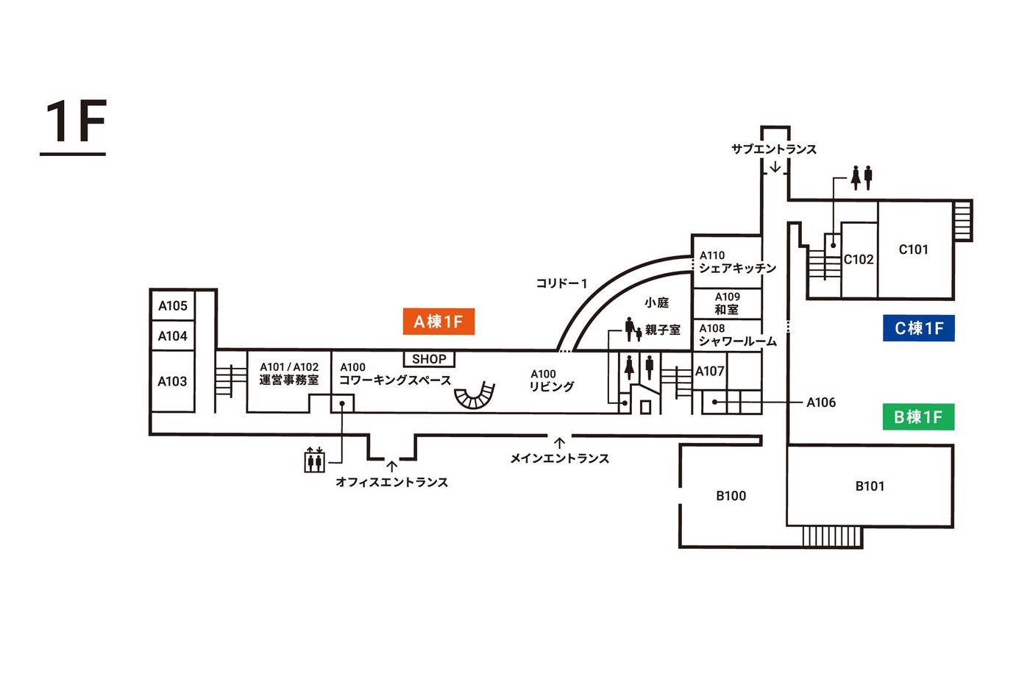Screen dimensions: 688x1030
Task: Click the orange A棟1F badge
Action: [x=438, y=322]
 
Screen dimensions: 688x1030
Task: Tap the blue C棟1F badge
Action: [x=918, y=328]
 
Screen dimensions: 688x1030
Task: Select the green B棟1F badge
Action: [x=918, y=417]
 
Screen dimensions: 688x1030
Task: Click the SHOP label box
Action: [x=429, y=359]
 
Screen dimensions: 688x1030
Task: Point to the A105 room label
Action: [x=173, y=305]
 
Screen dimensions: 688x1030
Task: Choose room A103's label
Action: [x=172, y=381]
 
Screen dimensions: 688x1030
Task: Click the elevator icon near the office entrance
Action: [x=315, y=460]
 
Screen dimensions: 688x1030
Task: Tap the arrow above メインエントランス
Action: [x=560, y=443]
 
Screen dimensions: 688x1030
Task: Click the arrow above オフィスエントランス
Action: [x=392, y=466]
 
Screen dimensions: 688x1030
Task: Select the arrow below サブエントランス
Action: [x=775, y=167]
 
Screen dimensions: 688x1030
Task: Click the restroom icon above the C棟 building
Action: [x=861, y=177]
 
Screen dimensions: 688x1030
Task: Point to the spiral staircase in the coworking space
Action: [x=475, y=395]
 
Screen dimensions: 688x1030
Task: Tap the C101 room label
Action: [x=913, y=249]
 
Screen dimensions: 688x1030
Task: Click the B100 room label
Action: [x=731, y=496]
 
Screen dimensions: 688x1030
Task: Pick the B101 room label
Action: [x=870, y=486]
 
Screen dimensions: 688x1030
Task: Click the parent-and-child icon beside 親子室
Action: [x=633, y=330]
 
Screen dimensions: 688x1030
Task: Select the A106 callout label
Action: [x=821, y=402]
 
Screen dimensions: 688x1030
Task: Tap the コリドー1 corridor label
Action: [x=561, y=283]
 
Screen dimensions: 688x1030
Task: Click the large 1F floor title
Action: [x=75, y=122]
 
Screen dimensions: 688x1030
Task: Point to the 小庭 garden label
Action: [x=656, y=302]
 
